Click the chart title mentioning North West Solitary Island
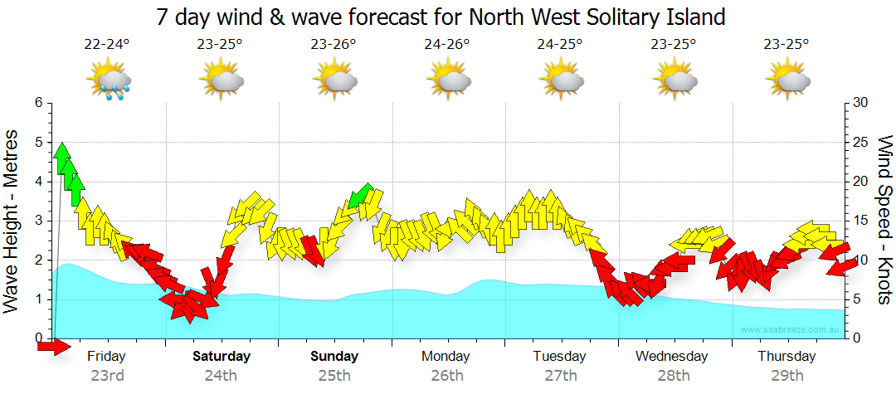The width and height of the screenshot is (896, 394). pyautogui.click(x=440, y=16)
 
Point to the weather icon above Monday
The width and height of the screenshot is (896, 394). pyautogui.click(x=448, y=81)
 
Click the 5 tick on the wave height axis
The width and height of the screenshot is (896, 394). pyautogui.click(x=37, y=143)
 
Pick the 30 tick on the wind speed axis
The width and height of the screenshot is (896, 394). pyautogui.click(x=860, y=103)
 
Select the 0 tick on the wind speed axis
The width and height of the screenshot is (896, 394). pyautogui.click(x=856, y=338)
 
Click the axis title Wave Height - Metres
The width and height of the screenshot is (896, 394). pyautogui.click(x=12, y=221)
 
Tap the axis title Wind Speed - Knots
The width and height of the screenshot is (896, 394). pyautogui.click(x=884, y=221)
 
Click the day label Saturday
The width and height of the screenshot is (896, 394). pyautogui.click(x=222, y=357)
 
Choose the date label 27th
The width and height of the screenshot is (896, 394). pyautogui.click(x=560, y=376)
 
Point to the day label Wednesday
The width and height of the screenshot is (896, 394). pyautogui.click(x=672, y=357)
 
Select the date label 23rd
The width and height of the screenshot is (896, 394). pyautogui.click(x=107, y=376)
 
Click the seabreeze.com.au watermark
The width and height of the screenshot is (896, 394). pyautogui.click(x=791, y=330)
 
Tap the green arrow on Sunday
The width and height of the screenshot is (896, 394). pyautogui.click(x=360, y=196)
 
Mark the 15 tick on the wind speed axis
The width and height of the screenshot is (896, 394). pyautogui.click(x=860, y=221)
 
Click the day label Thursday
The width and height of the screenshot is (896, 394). pyautogui.click(x=786, y=357)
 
